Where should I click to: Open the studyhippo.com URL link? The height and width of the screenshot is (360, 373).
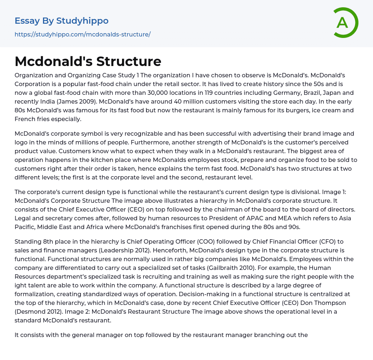82,34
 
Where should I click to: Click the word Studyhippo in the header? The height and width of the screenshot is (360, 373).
82,21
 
